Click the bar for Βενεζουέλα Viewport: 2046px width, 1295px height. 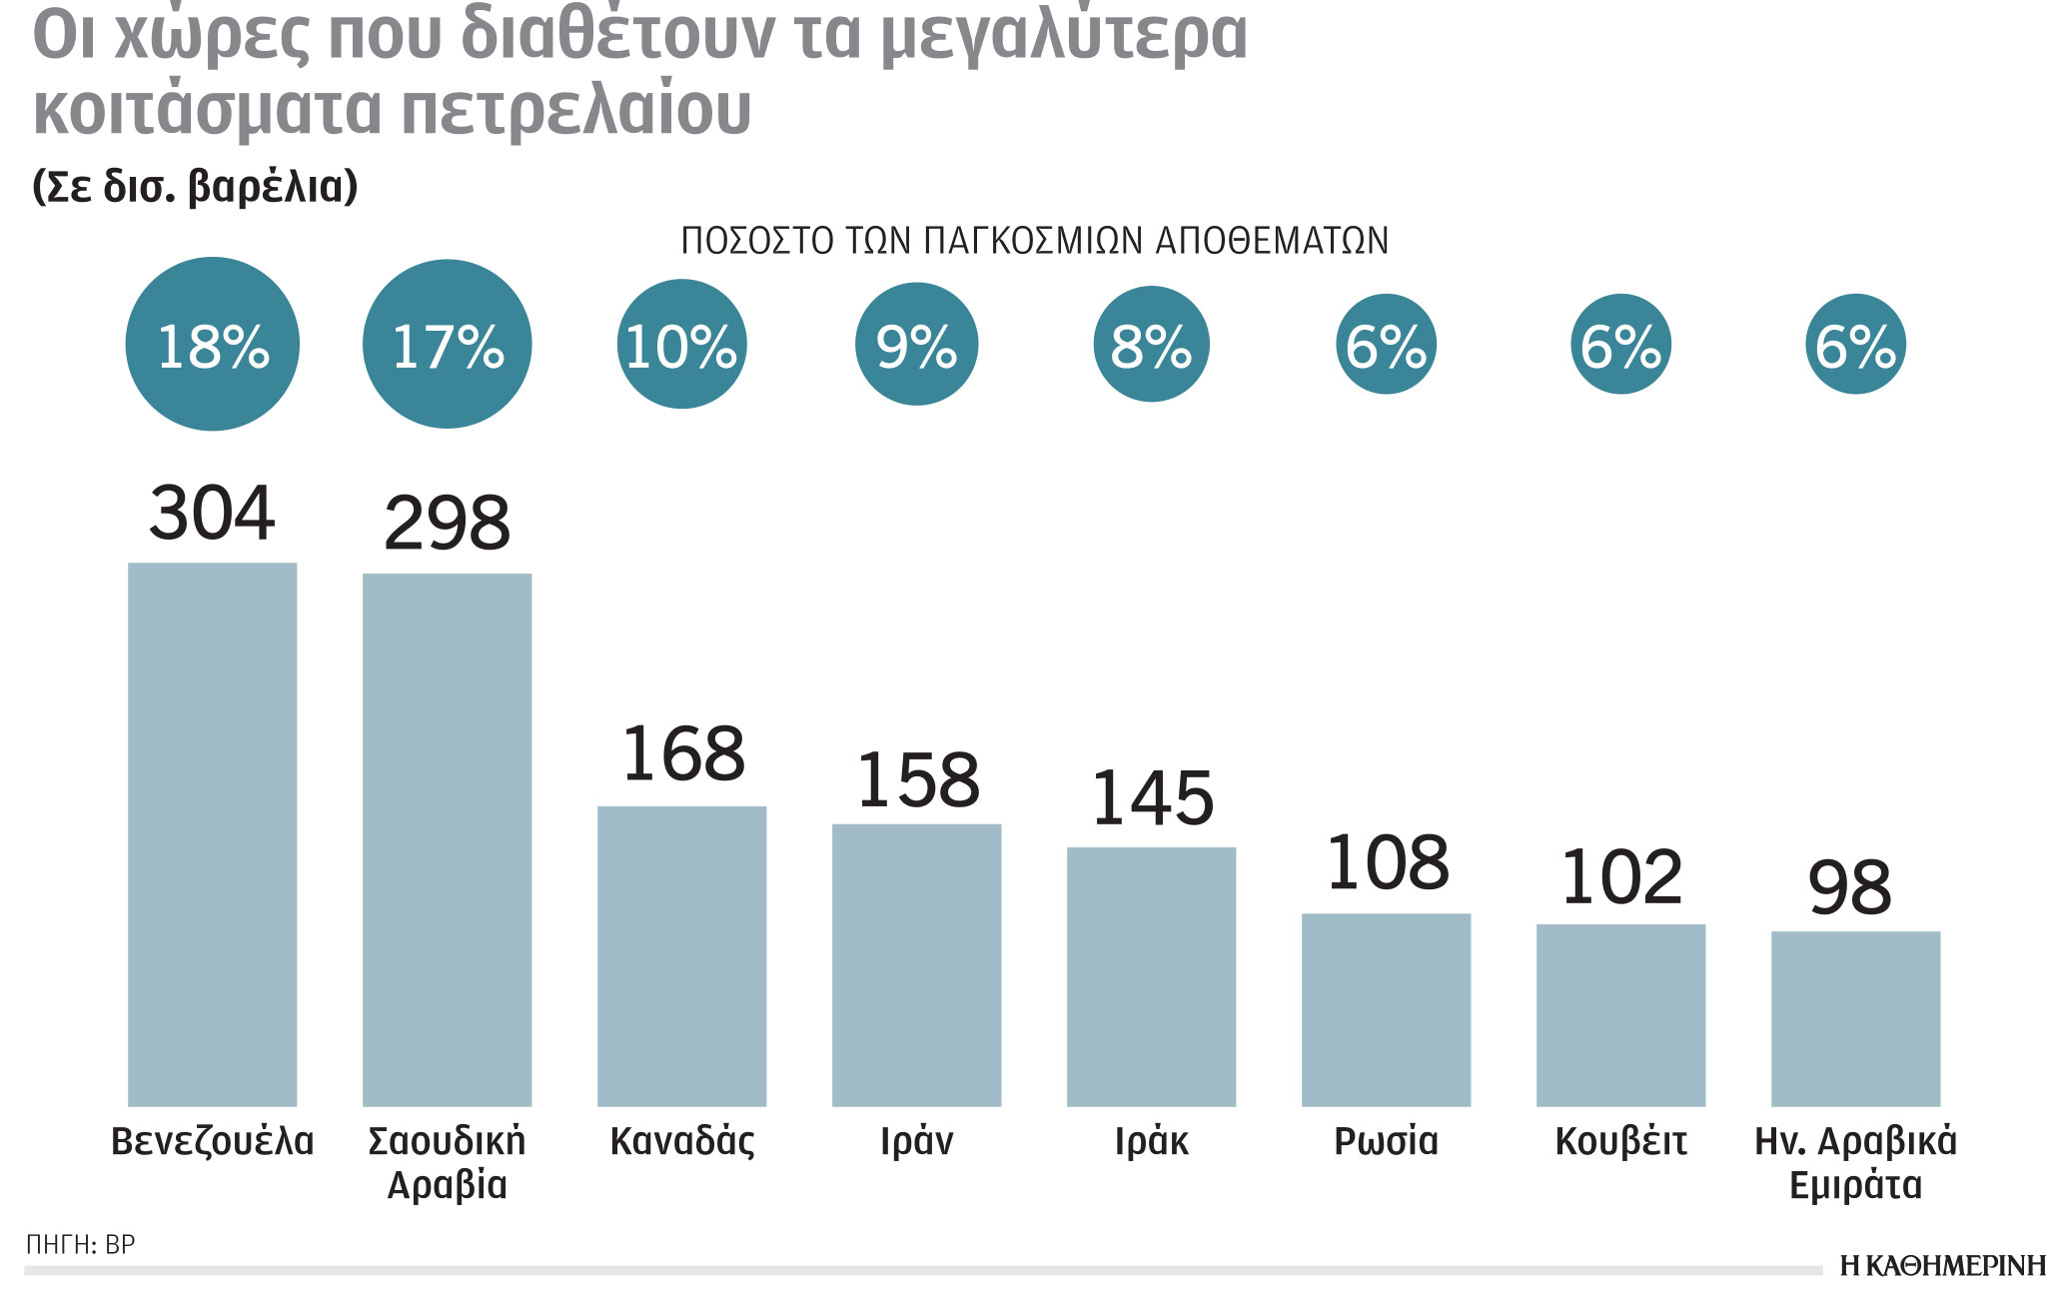[x=212, y=834]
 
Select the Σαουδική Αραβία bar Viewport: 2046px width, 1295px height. [x=447, y=839]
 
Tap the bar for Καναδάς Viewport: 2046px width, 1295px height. [x=681, y=955]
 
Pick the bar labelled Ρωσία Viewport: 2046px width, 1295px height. [x=1386, y=1009]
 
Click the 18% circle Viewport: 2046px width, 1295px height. [x=213, y=345]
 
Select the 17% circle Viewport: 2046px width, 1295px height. [x=447, y=345]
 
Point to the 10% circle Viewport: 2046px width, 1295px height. [x=681, y=345]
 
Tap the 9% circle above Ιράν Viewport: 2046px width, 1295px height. [x=916, y=345]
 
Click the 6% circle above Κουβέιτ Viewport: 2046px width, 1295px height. [x=1620, y=345]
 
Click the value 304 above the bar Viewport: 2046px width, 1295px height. [x=212, y=514]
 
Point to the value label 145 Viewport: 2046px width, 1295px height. [x=1152, y=798]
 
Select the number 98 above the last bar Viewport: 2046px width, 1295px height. [x=1849, y=887]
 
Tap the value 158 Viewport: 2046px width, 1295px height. [x=917, y=780]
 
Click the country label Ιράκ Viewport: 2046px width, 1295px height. [x=1151, y=1141]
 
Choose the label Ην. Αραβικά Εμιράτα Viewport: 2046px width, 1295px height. [x=1855, y=1162]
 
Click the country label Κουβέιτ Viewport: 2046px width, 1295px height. [x=1620, y=1141]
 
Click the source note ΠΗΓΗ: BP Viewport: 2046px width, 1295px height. [x=80, y=1244]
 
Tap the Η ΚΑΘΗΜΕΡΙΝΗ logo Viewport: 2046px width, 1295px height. [x=1942, y=1266]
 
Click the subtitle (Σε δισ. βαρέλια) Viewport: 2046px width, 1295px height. [x=195, y=187]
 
